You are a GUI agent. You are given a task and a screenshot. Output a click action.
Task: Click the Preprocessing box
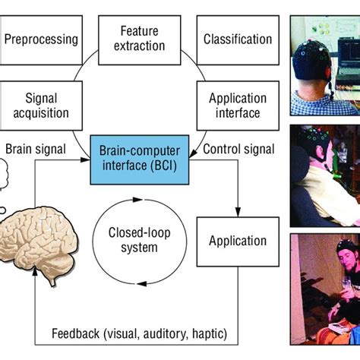tap(41, 40)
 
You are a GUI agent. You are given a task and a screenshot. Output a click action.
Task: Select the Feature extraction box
tap(140, 40)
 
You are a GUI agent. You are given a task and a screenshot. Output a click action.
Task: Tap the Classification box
tap(238, 40)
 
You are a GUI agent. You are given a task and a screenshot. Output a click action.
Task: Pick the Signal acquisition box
tap(41, 106)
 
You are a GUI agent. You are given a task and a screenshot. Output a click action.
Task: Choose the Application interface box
tap(238, 106)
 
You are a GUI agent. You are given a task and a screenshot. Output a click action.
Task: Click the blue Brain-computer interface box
tap(140, 159)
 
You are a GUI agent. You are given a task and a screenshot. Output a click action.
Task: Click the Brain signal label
tap(36, 149)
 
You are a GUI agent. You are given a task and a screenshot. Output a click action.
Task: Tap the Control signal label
tap(238, 149)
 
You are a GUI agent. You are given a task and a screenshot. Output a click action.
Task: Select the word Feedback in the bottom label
tap(75, 333)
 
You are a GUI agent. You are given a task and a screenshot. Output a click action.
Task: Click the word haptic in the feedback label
tap(210, 334)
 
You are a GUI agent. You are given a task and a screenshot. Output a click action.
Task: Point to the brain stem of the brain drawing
tap(52, 280)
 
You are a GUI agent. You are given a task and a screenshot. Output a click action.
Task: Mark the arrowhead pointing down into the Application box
tap(238, 212)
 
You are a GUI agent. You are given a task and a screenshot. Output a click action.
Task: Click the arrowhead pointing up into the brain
tap(35, 272)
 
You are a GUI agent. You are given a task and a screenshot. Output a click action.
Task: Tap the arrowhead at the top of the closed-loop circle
tap(137, 200)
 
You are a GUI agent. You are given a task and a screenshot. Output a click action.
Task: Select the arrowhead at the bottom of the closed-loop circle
tap(142, 284)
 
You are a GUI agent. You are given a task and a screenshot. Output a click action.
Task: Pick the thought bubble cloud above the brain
tap(4, 175)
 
